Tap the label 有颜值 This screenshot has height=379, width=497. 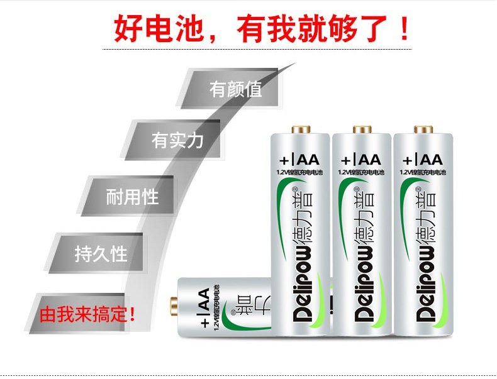coord(235,89)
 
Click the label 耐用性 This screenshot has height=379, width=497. coord(132,197)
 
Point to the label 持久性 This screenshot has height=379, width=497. coord(101,254)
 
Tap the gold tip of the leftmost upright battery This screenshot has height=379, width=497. coord(301,130)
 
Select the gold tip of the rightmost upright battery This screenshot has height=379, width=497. coord(422,130)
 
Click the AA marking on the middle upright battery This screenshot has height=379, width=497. coord(366,159)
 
